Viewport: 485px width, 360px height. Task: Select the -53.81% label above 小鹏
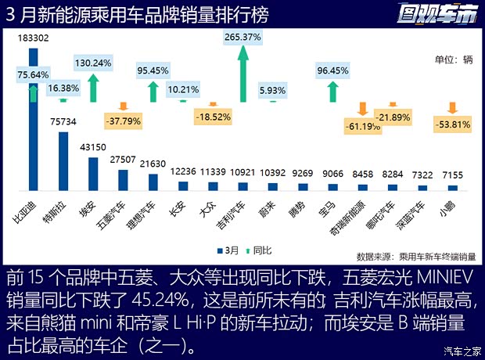453,124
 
